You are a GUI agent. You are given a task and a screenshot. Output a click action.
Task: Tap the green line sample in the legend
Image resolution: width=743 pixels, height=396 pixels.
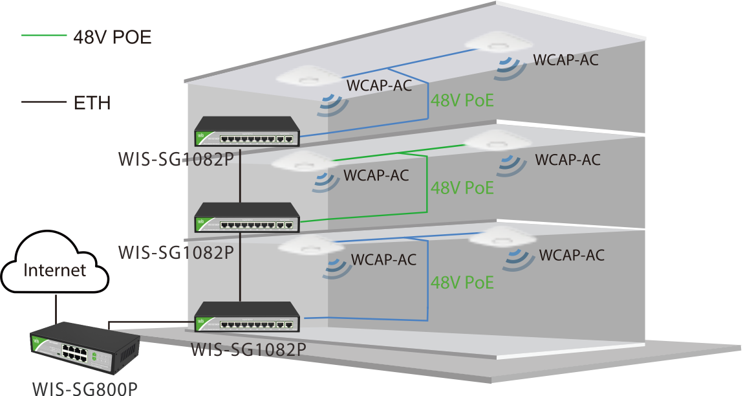point(43,36)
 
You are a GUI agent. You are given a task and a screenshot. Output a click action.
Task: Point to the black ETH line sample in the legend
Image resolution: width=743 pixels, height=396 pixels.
point(43,102)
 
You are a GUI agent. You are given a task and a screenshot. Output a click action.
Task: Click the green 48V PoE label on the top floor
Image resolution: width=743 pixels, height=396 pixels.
point(462,100)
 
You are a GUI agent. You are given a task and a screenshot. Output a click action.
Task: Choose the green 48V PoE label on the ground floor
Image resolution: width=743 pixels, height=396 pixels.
point(462,282)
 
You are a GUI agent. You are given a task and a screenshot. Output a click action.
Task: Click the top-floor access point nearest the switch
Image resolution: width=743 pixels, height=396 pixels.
point(307,77)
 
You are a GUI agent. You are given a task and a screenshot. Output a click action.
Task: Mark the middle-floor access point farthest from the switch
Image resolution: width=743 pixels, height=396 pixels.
point(498,139)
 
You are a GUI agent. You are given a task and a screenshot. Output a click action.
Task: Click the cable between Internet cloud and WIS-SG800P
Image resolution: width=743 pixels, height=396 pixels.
point(57,309)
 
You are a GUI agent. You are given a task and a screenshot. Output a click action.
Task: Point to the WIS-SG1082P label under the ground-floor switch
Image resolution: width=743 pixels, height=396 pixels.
point(248,350)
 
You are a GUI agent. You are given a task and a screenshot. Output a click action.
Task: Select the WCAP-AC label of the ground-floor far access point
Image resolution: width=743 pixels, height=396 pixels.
point(571,255)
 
